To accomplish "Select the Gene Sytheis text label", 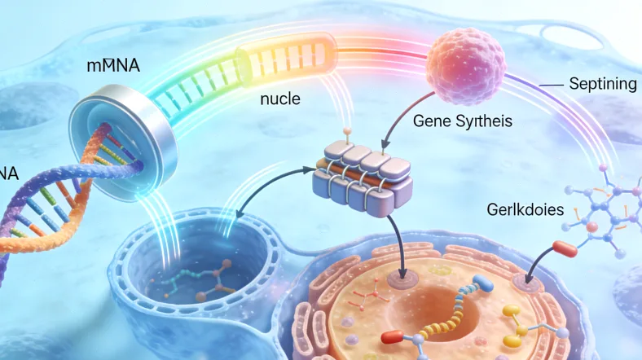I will (463, 122).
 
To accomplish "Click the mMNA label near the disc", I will (113, 66).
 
